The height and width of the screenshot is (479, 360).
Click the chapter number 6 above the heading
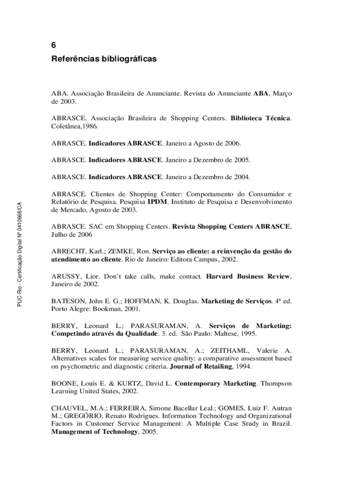[54, 45]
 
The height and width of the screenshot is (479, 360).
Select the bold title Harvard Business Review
[248, 276]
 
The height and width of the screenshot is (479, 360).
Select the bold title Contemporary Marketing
[216, 384]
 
